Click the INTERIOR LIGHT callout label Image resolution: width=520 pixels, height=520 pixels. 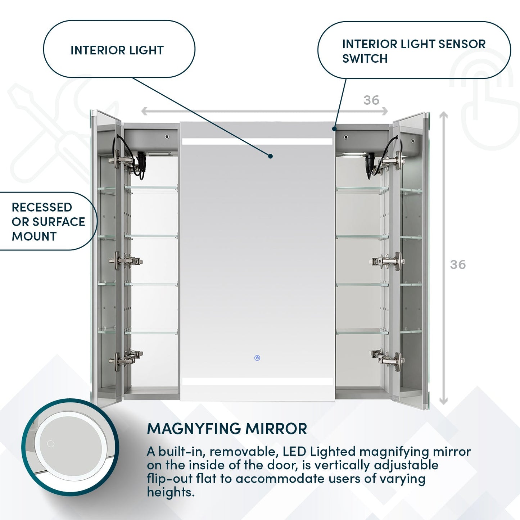117,50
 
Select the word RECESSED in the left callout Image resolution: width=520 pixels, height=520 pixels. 42,207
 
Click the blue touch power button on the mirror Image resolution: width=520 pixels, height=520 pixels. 257,358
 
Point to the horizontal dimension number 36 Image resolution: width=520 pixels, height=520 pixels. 371,100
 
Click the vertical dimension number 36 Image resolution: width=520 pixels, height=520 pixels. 457,264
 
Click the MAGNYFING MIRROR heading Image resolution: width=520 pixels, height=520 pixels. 227,429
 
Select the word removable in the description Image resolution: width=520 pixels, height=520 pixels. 243,451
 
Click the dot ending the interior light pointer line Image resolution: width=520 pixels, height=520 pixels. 270,156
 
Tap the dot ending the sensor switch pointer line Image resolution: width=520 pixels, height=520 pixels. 334,128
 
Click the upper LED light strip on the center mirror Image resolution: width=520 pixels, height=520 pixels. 257,142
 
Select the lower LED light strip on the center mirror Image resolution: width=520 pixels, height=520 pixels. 257,381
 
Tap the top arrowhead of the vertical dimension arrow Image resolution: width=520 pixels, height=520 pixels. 444,115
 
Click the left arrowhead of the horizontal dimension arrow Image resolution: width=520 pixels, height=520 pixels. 144,111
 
